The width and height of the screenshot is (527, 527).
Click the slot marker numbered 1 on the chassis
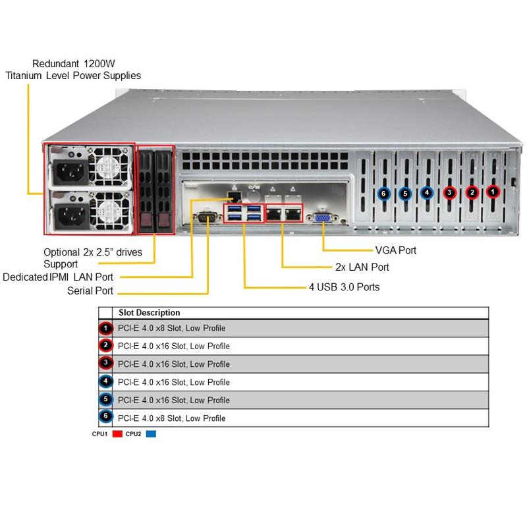pos(493,192)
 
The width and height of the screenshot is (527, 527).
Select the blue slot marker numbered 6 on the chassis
pos(384,194)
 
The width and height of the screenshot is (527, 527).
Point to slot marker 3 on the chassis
pos(449,193)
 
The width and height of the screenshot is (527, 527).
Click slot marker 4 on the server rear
pos(427,193)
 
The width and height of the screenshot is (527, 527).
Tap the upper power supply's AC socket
pos(70,173)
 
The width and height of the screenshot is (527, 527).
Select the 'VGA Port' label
pos(395,250)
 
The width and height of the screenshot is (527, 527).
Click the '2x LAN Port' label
pos(362,267)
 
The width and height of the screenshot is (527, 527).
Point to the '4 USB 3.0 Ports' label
pos(344,287)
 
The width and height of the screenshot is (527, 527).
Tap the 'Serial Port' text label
pos(90,291)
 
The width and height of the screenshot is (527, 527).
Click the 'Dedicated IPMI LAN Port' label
pos(58,277)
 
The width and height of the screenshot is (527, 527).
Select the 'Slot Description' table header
pos(148,313)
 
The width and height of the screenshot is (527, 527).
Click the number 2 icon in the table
pos(105,346)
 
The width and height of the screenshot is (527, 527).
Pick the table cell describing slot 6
pos(171,418)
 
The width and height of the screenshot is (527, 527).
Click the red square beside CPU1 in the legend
pos(118,434)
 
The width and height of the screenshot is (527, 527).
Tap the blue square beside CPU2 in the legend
pos(151,434)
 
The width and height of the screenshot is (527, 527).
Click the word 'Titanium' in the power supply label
pos(25,75)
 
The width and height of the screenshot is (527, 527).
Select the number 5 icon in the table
pos(105,400)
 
